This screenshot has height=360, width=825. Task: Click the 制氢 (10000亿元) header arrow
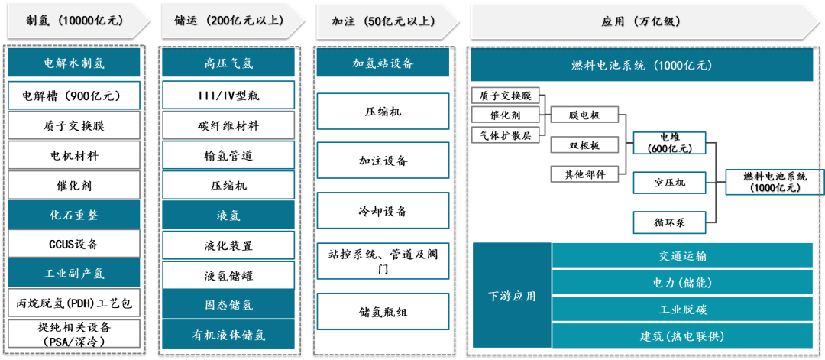click(x=74, y=21)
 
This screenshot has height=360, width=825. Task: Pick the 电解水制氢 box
click(x=74, y=63)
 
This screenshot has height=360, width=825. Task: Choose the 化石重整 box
click(x=74, y=215)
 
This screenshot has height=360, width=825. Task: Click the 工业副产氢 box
click(x=74, y=273)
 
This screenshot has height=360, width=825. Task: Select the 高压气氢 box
click(x=228, y=63)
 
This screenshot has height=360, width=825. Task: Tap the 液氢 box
click(x=228, y=216)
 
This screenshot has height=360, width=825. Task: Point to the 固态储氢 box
click(x=228, y=304)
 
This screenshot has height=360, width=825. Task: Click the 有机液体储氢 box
click(x=228, y=334)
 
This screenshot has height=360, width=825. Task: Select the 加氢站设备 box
click(x=383, y=63)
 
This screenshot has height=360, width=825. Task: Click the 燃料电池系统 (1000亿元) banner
click(x=641, y=66)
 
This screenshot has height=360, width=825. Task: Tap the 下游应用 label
click(x=512, y=296)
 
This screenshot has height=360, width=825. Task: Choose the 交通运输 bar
click(x=682, y=255)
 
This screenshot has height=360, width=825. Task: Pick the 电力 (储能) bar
click(x=682, y=282)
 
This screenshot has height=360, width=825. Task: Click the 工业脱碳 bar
click(x=682, y=309)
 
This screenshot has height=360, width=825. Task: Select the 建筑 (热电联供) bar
click(x=682, y=336)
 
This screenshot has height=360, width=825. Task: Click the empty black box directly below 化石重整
click(x=74, y=243)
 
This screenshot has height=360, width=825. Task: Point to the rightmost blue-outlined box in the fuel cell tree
click(x=774, y=183)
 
